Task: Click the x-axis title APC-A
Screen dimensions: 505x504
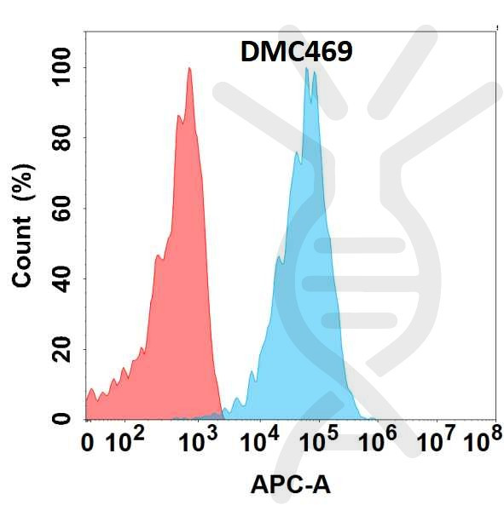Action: tap(290, 485)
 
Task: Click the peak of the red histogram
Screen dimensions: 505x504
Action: tap(189, 69)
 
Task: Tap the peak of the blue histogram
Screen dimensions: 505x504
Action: tap(306, 69)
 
